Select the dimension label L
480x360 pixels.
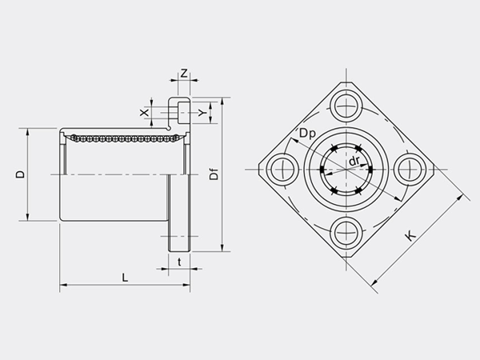point(124,276)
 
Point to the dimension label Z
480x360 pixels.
point(183,74)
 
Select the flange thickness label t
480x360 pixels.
point(179,261)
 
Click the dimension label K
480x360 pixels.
point(410,237)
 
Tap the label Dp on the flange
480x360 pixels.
point(308,134)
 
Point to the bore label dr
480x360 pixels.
point(353,162)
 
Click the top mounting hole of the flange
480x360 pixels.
point(347,104)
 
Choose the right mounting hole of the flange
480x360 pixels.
point(411,168)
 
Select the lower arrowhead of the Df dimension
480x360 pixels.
point(222,249)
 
